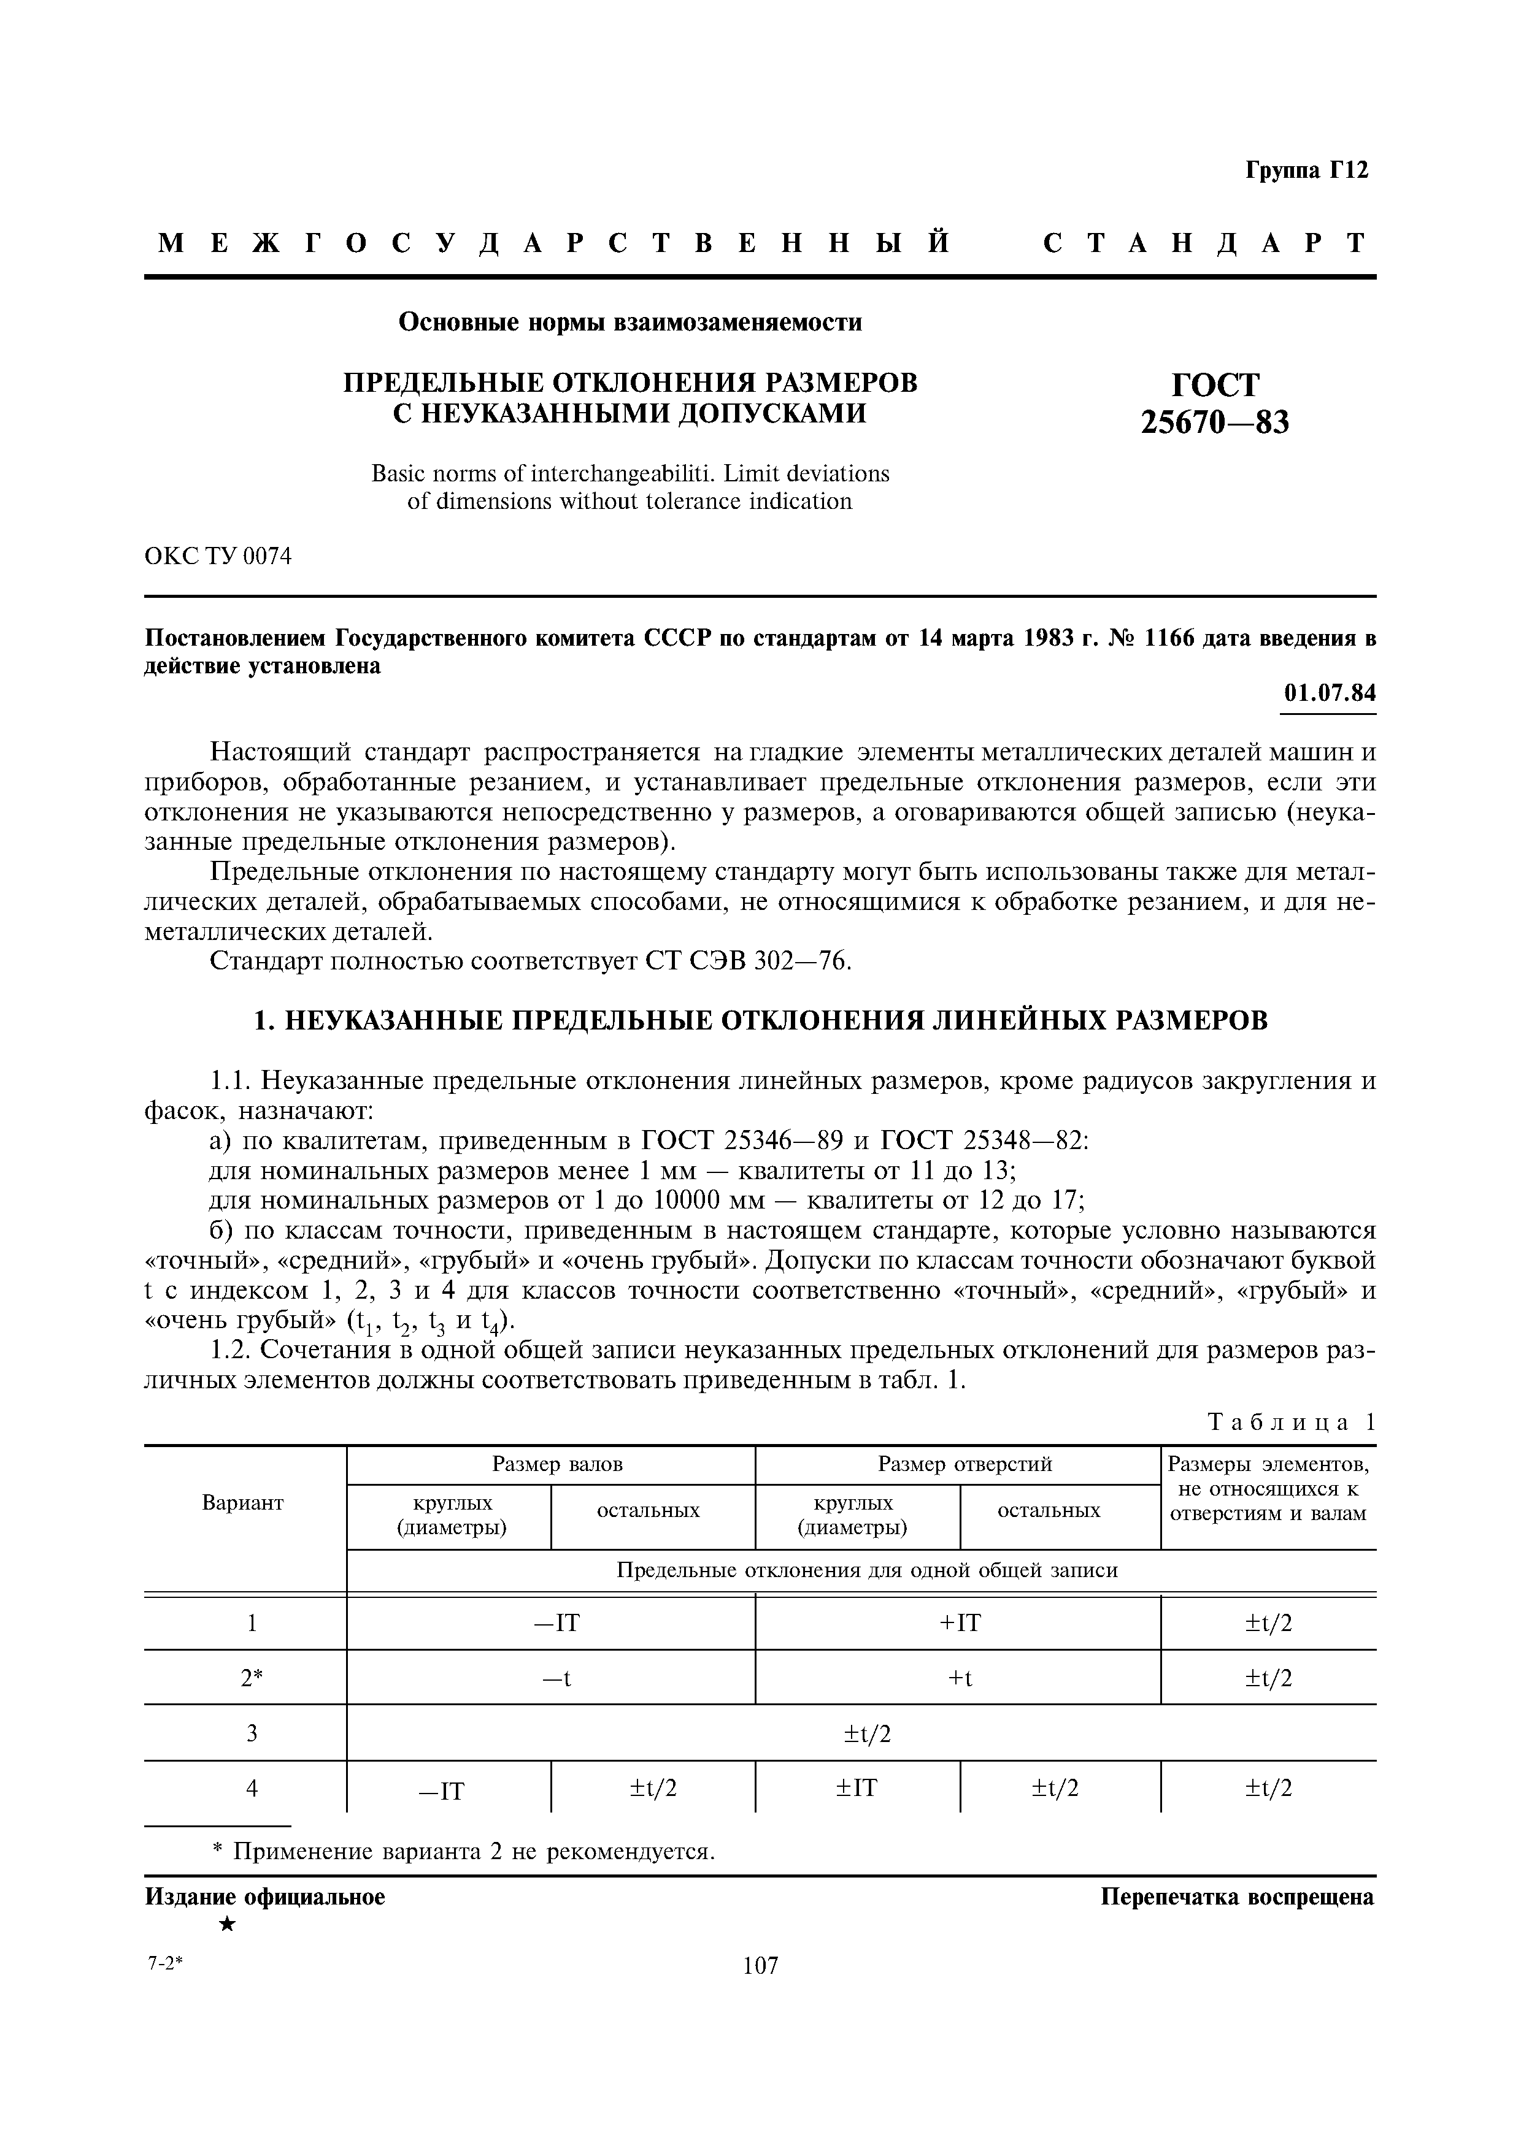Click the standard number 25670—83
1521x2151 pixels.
[x=1215, y=424]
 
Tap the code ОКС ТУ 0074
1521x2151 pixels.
[x=218, y=557]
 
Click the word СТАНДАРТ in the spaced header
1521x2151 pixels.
[x=1206, y=243]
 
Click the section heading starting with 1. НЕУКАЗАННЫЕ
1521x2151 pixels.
[x=760, y=1020]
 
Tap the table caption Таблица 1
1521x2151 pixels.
[x=1292, y=1422]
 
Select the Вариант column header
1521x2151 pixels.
[x=243, y=1503]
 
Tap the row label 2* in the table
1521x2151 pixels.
[x=251, y=1678]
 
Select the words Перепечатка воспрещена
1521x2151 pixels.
[x=1237, y=1897]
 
